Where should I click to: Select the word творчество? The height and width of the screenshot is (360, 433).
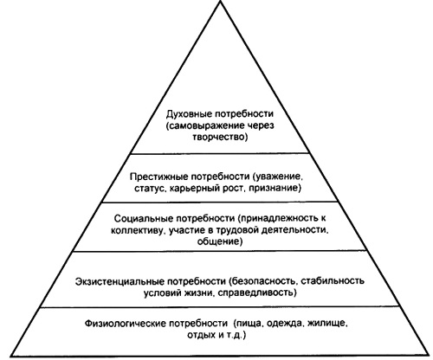point(220,137)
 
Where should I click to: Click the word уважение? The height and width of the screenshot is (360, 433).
point(278,177)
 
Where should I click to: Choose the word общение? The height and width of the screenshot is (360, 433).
point(220,241)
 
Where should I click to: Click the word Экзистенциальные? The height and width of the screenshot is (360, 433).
point(120,281)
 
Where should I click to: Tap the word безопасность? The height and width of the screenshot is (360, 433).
point(263,281)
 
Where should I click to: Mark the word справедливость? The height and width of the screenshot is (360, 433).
point(257,293)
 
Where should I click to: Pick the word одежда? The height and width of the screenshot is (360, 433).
point(285,324)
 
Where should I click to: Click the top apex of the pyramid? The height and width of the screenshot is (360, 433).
point(221,1)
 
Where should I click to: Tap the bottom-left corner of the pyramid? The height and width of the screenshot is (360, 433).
point(11,356)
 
